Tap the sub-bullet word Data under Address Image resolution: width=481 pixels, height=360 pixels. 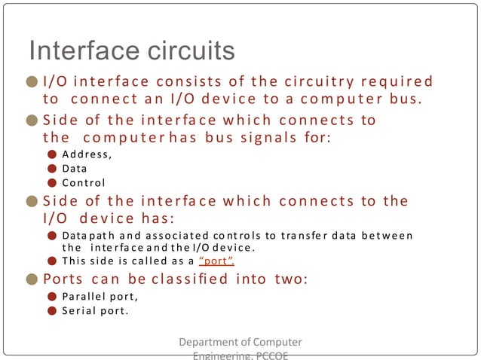pos(75,169)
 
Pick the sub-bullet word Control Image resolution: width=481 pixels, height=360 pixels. pos(83,182)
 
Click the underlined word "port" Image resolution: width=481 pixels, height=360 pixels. pos(216,261)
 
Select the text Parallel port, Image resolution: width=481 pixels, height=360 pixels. pos(95,295)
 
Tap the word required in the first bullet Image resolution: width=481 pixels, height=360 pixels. pos(399,81)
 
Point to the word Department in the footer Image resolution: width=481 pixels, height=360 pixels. pos(208,343)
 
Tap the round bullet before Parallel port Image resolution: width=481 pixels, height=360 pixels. pos(51,296)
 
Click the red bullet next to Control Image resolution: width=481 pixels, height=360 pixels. pos(51,183)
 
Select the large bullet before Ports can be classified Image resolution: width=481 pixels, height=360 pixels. pos(32,279)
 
